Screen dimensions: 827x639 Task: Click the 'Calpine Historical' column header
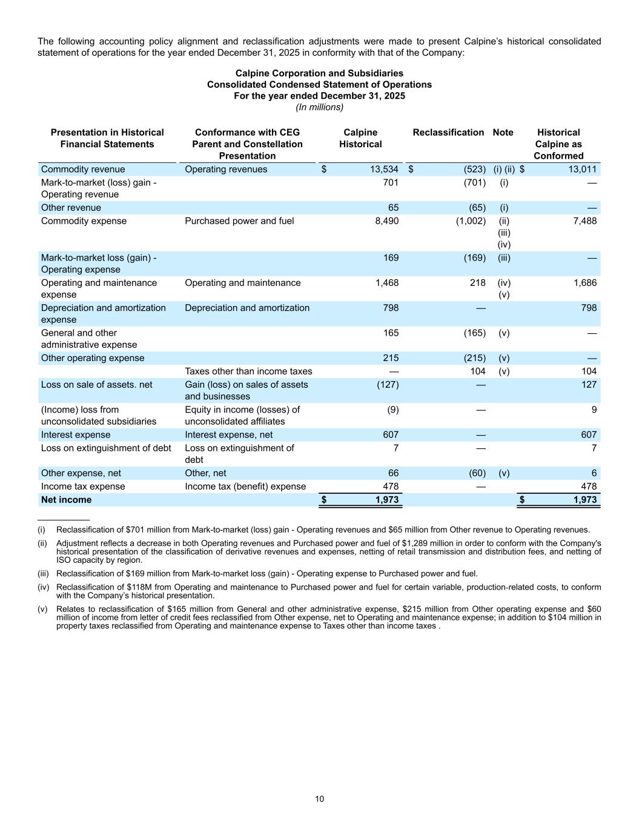click(360, 138)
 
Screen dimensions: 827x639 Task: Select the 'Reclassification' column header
click(448, 133)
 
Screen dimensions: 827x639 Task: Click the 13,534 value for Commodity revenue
click(384, 170)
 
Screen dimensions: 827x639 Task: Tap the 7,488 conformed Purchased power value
click(584, 221)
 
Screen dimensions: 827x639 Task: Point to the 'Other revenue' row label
click(71, 208)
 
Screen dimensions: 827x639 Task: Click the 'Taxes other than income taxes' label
click(248, 371)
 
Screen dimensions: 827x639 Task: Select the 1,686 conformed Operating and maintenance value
click(584, 283)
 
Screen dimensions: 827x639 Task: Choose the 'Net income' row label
click(66, 500)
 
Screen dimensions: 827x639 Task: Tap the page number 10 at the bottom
click(319, 799)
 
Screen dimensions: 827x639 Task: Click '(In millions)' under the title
click(319, 107)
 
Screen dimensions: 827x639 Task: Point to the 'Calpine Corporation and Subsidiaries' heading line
click(319, 73)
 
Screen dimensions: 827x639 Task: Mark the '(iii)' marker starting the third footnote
click(43, 574)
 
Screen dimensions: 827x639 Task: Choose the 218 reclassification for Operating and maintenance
click(477, 283)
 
